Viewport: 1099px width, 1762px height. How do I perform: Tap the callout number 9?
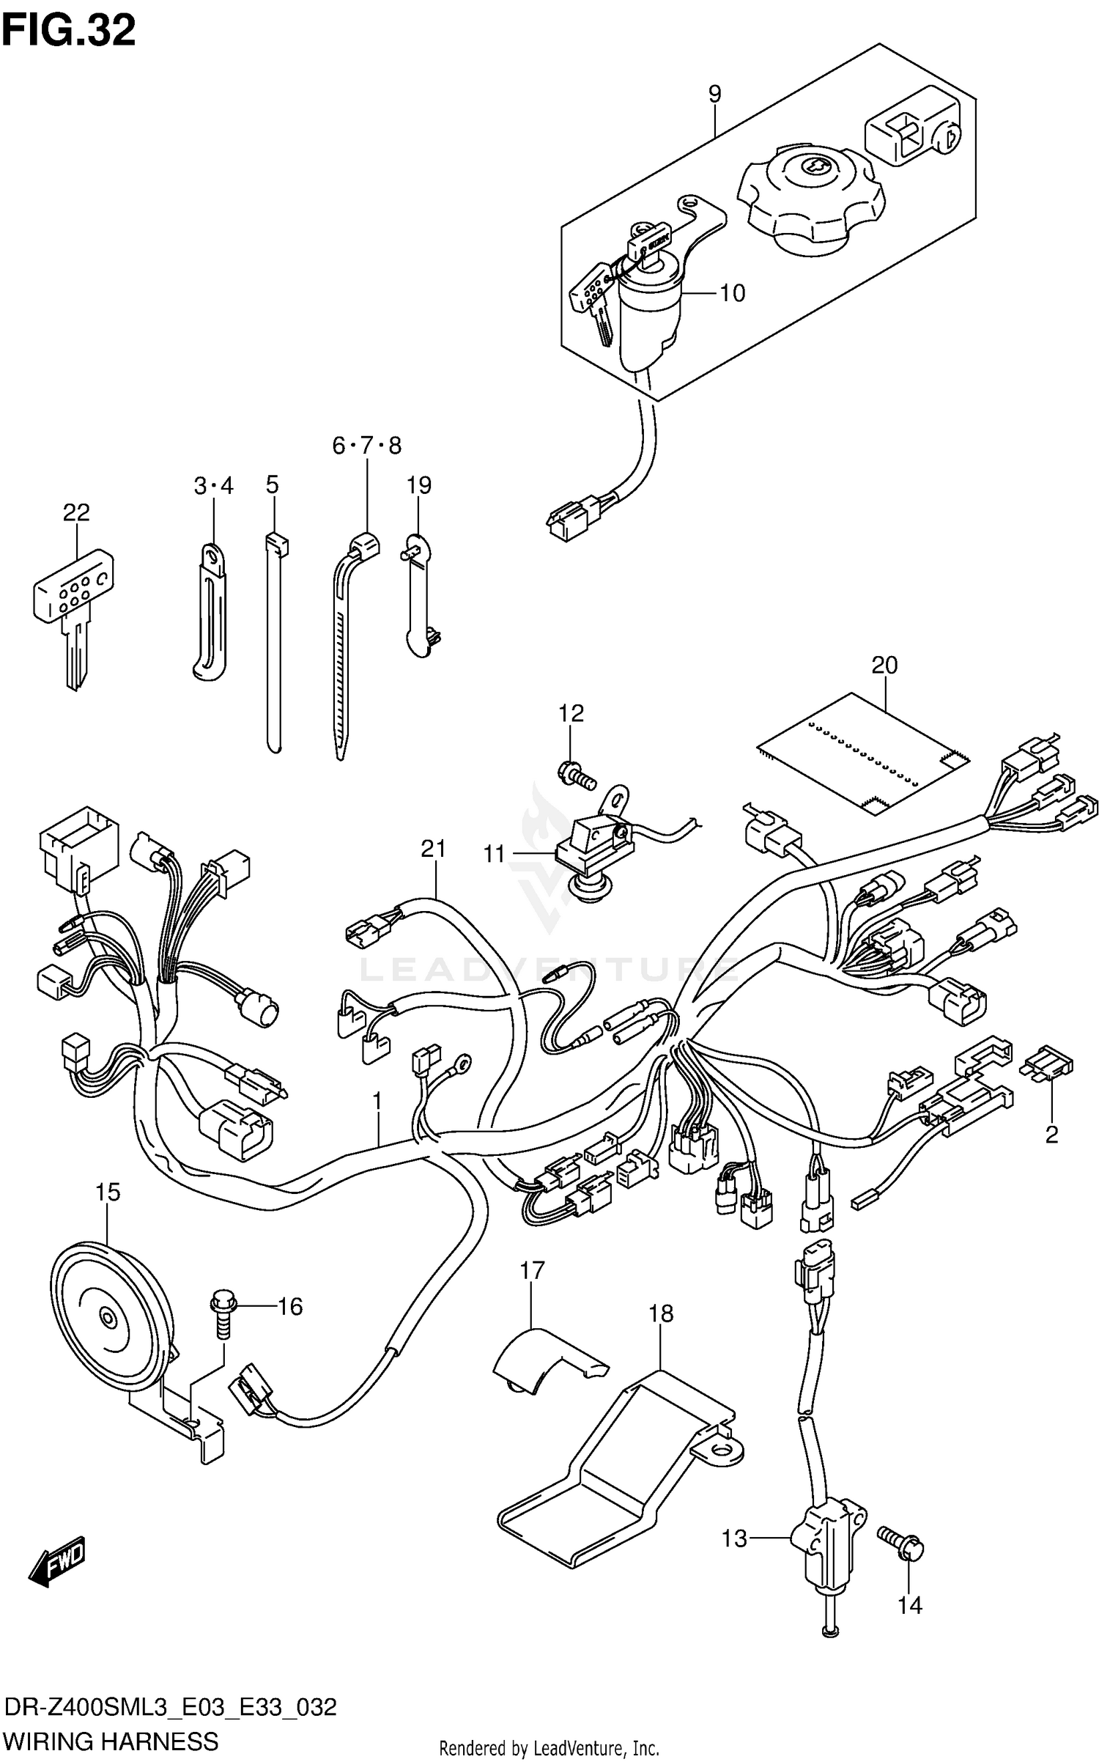(714, 93)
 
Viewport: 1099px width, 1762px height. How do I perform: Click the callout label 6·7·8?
(366, 445)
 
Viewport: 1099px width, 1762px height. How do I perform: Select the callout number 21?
(433, 849)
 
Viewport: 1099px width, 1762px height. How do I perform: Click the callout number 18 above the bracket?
(660, 1313)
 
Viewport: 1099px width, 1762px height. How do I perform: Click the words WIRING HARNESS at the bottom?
(111, 1740)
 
